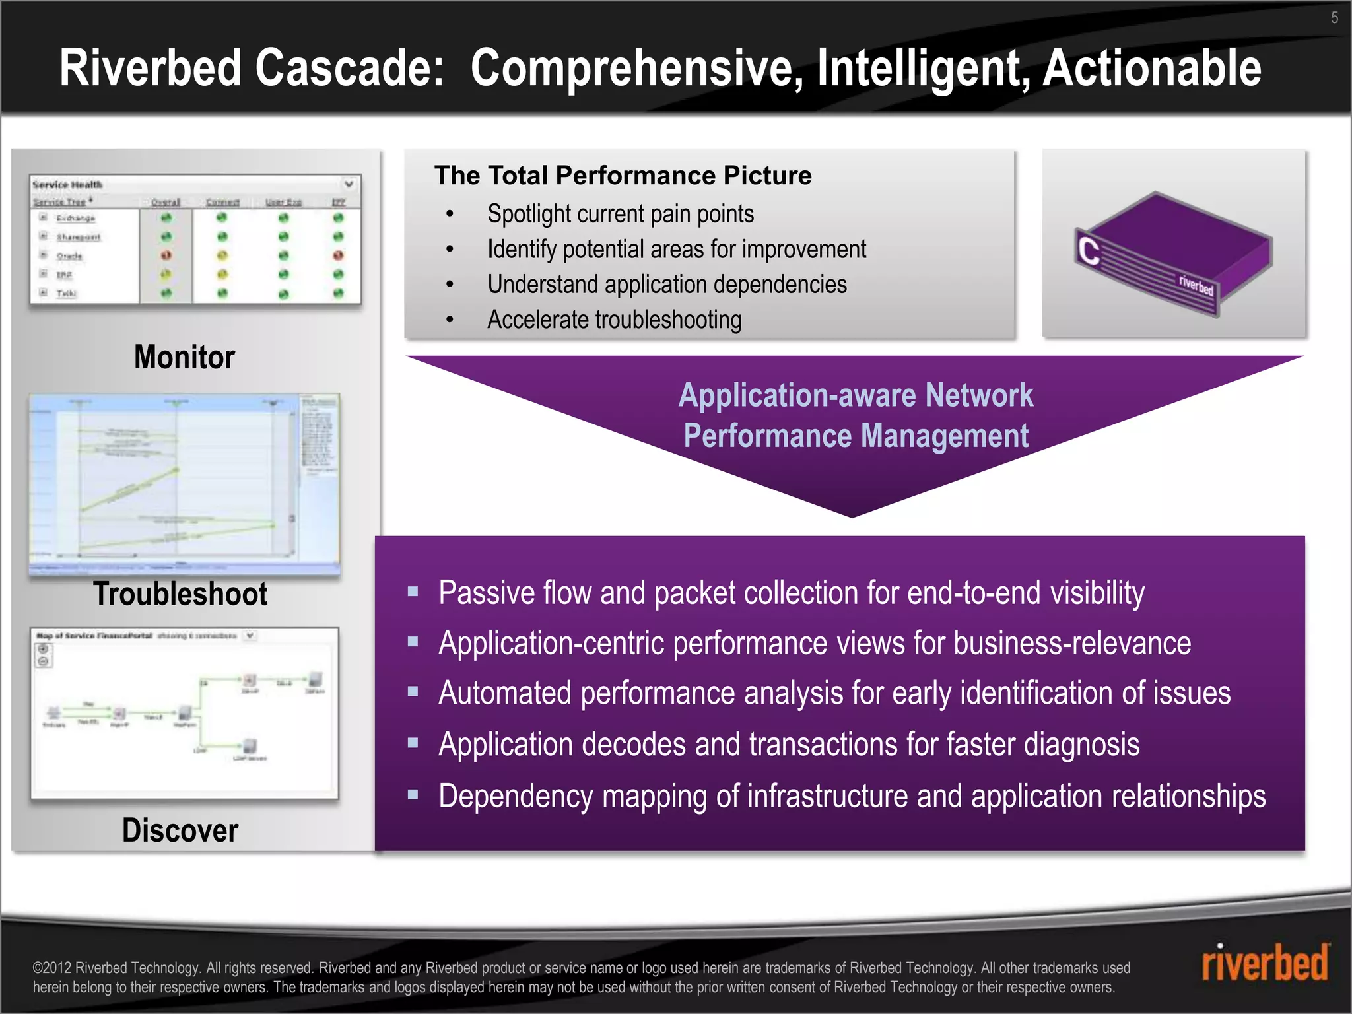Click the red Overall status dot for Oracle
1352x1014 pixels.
point(166,255)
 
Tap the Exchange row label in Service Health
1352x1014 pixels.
point(75,218)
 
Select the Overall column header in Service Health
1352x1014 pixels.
point(166,202)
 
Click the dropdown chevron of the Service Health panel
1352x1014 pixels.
point(349,184)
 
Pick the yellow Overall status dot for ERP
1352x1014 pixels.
point(166,274)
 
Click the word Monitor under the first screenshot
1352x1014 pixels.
point(184,357)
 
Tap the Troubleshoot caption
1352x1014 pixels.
point(180,593)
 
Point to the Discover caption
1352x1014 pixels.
point(180,830)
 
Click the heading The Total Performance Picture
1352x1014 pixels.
point(623,176)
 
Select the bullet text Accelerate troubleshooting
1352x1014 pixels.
point(614,320)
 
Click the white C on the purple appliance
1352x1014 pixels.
point(1089,251)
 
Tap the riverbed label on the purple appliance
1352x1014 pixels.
point(1196,285)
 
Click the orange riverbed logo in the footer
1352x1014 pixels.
point(1264,963)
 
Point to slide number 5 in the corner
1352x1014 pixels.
point(1334,18)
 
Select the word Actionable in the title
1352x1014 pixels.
point(1151,68)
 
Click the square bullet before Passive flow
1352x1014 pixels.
point(413,591)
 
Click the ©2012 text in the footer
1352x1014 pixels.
point(52,968)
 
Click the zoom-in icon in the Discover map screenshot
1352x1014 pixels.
point(44,649)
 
